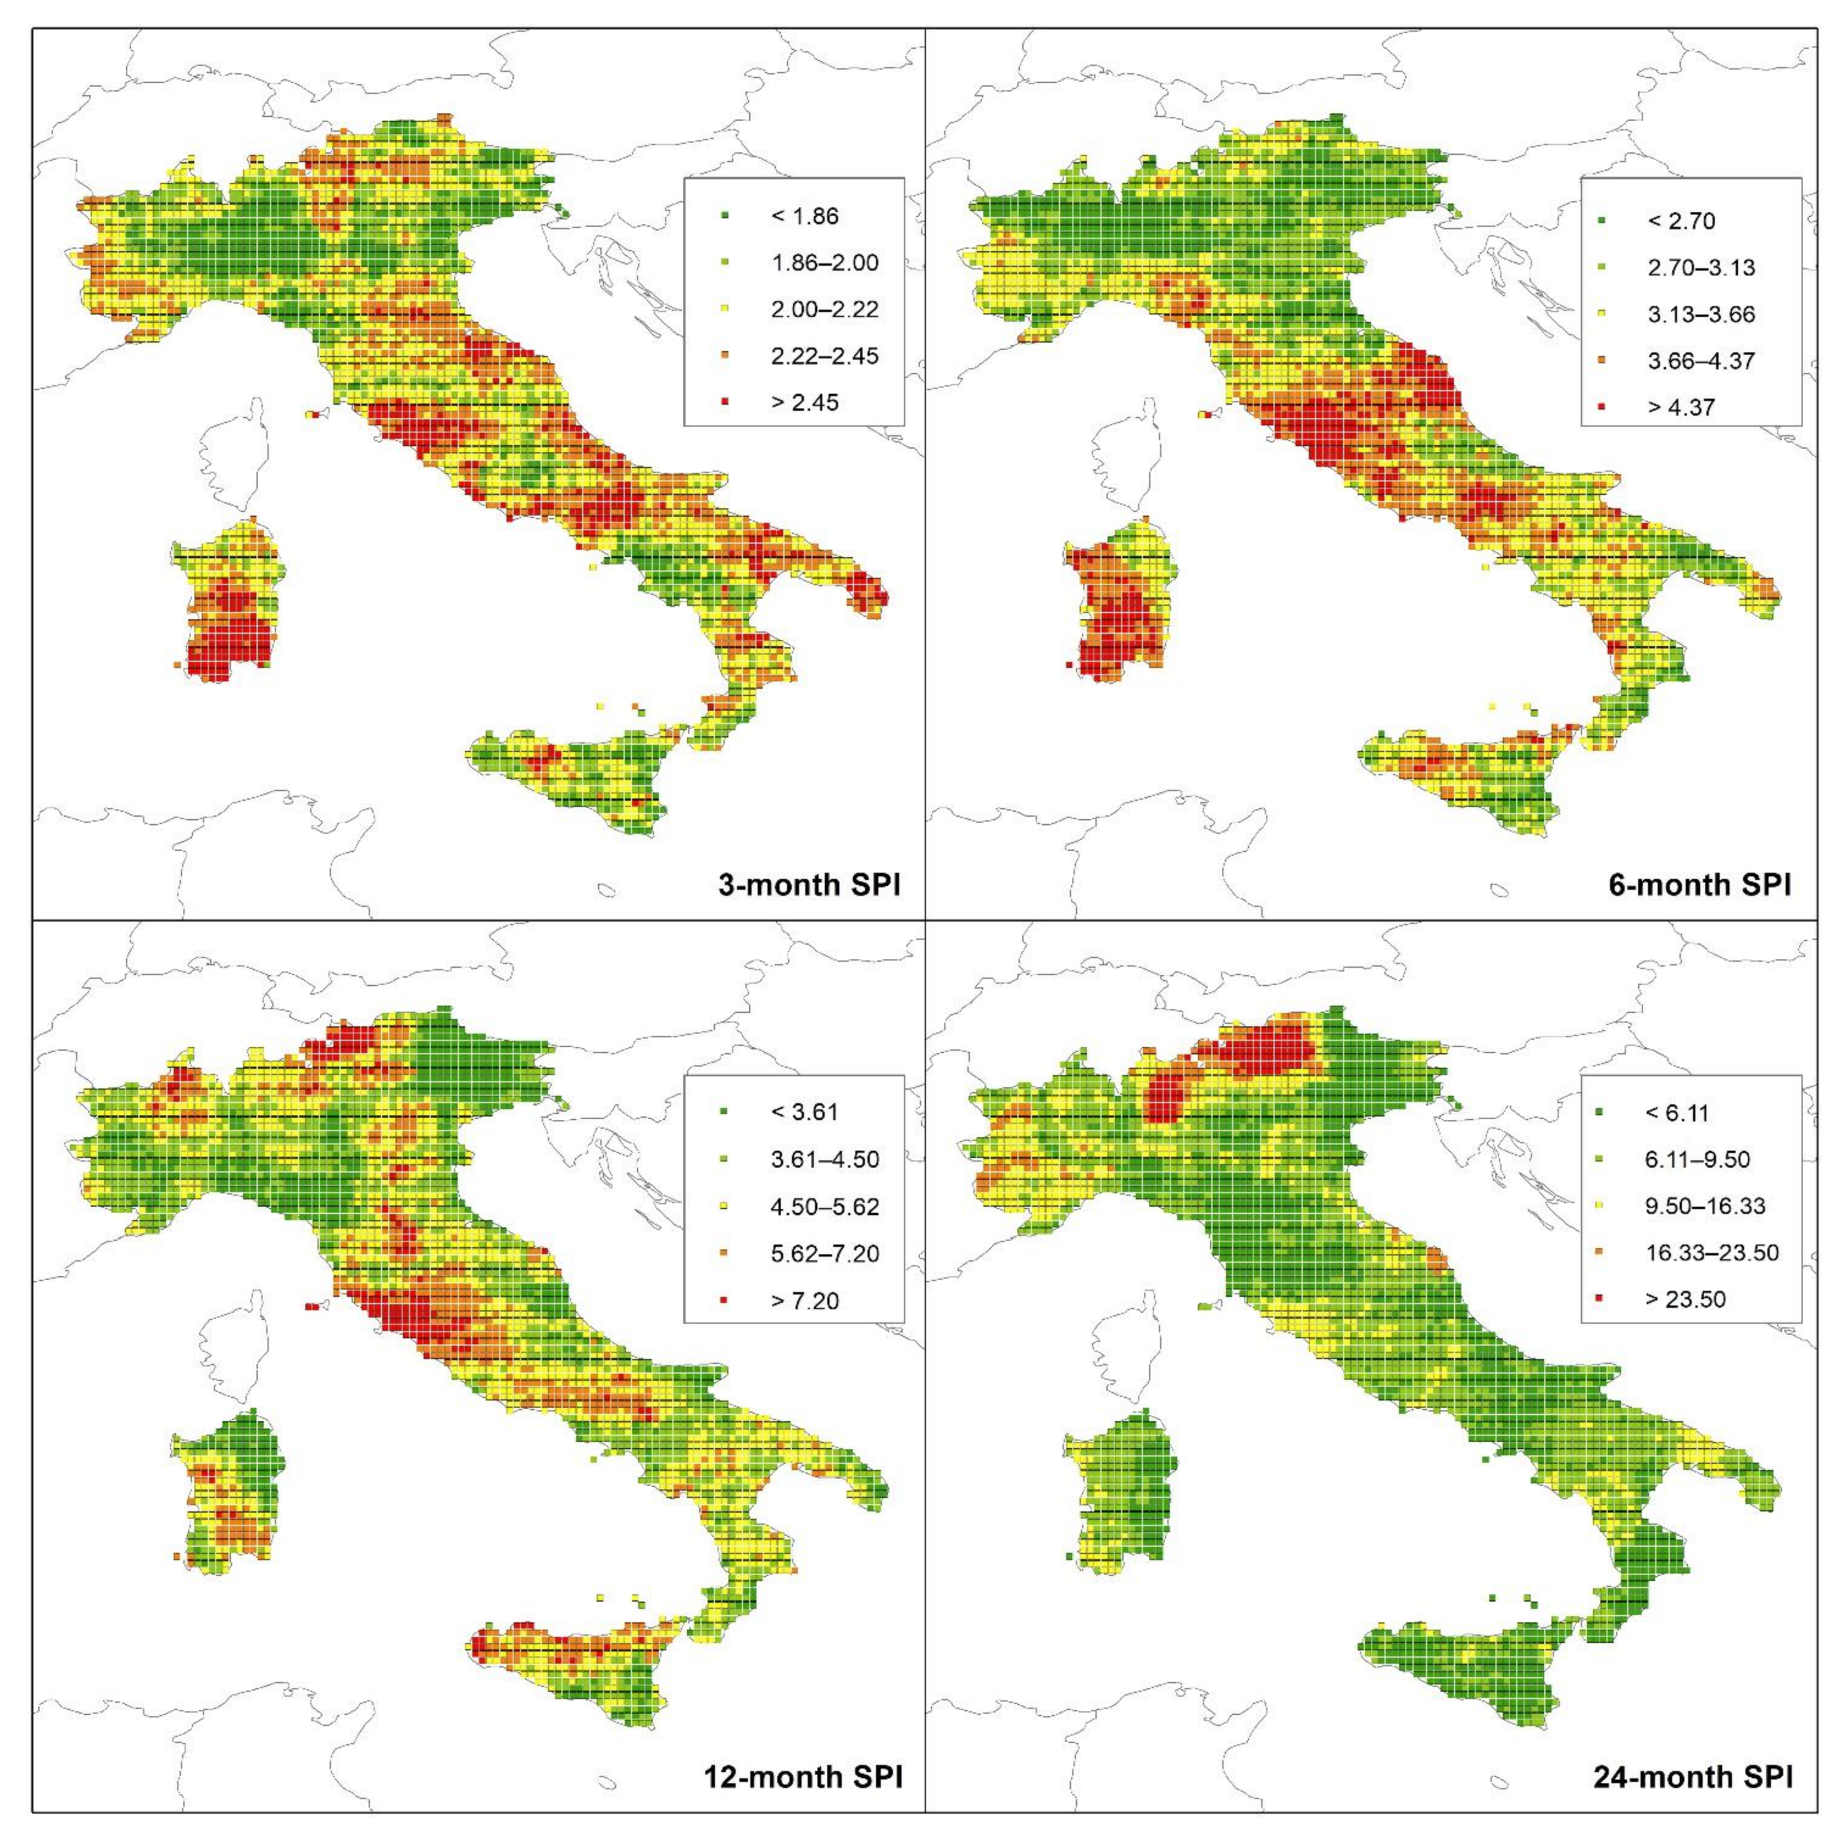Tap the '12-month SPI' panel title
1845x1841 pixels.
pos(802,1777)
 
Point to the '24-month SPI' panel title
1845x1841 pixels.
pos(1692,1777)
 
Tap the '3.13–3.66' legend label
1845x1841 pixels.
pos(1701,314)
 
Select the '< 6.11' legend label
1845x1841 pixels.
pos(1677,1113)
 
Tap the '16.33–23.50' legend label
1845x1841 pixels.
pos(1711,1253)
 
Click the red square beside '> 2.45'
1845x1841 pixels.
pos(725,403)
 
